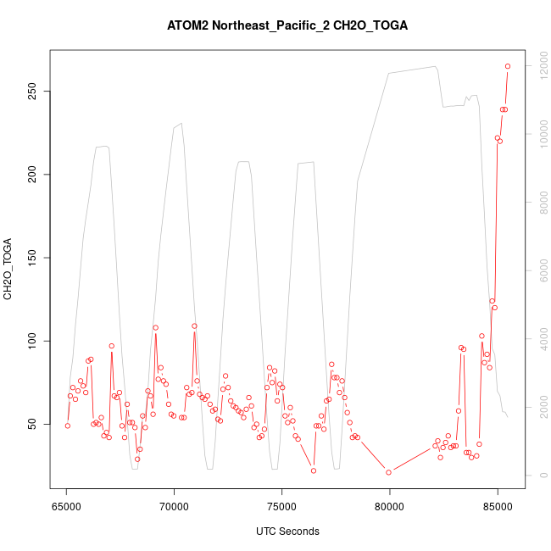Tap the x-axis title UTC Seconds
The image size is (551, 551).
tap(287, 532)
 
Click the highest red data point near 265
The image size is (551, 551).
tap(508, 66)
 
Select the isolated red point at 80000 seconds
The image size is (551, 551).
tap(388, 472)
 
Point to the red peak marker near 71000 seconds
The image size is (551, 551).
tap(194, 326)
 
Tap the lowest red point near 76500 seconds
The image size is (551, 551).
tap(314, 470)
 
